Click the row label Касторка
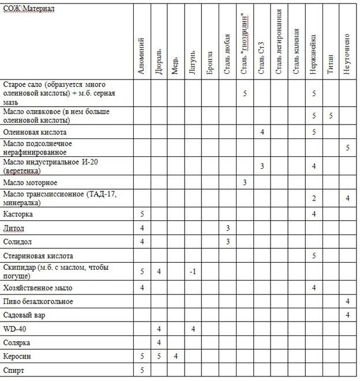[x=18, y=214]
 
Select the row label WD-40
[x=15, y=329]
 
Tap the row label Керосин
[x=16, y=357]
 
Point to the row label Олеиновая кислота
[x=39, y=132]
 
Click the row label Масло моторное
[x=34, y=183]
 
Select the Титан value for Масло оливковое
[x=331, y=116]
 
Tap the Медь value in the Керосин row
[x=176, y=357]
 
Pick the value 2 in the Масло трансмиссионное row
[x=313, y=198]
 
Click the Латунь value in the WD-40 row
[x=193, y=329]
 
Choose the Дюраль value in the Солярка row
[x=159, y=343]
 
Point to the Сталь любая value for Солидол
[x=228, y=242]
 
